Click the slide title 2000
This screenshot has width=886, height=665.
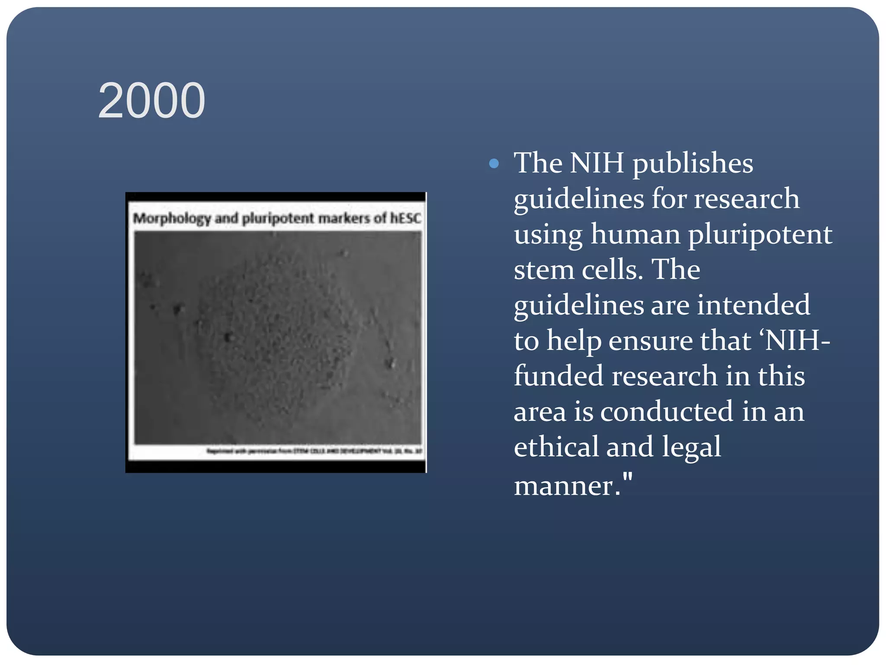(151, 101)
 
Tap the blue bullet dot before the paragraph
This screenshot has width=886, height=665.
(494, 164)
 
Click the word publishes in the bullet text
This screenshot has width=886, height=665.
(693, 164)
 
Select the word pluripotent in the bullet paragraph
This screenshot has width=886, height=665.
(760, 235)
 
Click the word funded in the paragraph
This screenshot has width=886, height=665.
(559, 376)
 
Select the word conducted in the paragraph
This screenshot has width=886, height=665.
(667, 411)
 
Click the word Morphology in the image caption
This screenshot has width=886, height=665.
(171, 219)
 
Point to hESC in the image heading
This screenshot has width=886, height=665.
(405, 218)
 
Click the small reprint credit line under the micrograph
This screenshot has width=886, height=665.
(314, 452)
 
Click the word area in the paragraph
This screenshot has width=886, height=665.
(540, 411)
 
